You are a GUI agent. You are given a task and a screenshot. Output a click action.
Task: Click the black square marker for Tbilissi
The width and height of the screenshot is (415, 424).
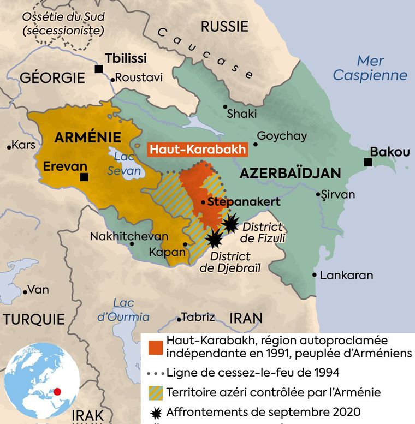[99, 69]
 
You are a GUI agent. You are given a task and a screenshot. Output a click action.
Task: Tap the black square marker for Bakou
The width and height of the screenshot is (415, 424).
[368, 162]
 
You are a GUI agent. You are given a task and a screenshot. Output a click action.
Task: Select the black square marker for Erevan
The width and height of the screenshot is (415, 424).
[84, 177]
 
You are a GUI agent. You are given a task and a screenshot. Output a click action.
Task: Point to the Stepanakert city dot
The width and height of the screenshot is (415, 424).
[203, 202]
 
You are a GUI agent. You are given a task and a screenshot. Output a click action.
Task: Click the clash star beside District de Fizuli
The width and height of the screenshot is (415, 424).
[231, 223]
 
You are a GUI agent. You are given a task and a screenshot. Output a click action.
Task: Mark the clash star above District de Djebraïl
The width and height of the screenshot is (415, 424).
[215, 237]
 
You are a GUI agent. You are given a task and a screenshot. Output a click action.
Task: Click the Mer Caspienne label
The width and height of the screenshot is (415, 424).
[370, 68]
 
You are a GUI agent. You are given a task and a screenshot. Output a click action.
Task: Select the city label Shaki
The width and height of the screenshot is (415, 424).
[241, 114]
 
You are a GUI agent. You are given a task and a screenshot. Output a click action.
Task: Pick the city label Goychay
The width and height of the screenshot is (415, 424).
[282, 136]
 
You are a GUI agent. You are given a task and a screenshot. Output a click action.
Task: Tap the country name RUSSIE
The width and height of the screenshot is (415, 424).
[224, 26]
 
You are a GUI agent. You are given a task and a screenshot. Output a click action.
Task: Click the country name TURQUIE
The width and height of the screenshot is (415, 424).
[34, 319]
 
